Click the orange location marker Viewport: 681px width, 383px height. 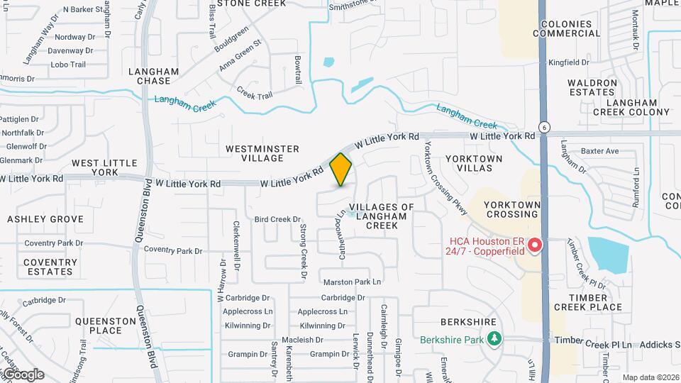click(x=341, y=169)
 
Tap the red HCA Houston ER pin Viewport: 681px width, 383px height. click(x=535, y=245)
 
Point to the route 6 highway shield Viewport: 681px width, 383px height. click(x=544, y=126)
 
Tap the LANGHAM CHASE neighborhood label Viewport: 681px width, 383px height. click(x=154, y=76)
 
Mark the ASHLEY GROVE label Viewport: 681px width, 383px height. click(x=45, y=219)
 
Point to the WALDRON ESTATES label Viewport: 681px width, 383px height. click(x=592, y=87)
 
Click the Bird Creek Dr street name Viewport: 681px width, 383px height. click(x=278, y=219)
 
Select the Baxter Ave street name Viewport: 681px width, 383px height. click(x=599, y=151)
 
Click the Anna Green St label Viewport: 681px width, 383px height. click(x=240, y=55)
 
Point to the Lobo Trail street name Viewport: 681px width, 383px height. click(x=68, y=65)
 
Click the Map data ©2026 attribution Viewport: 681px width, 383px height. click(x=650, y=377)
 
